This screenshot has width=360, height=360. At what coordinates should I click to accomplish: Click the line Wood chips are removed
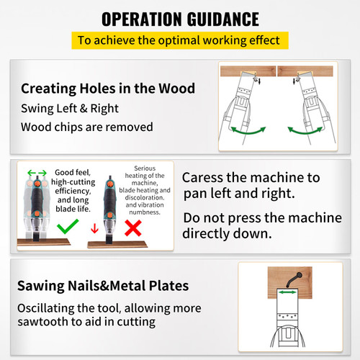86,127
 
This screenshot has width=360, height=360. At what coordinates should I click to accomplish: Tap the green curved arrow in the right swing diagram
305,131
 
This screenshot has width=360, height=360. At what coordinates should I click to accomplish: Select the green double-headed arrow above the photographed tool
36,173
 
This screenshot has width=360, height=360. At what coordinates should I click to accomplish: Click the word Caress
205,177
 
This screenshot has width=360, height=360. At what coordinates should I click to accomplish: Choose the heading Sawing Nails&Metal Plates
104,286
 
